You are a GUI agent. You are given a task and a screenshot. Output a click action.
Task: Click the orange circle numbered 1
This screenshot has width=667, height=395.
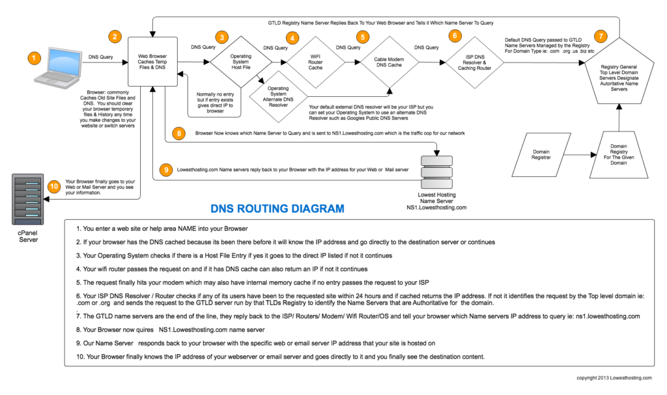pos(31,59)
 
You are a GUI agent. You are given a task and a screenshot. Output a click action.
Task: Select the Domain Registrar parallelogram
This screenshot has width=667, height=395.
pos(543,155)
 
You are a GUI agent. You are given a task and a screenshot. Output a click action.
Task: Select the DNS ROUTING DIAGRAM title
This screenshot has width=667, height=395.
pos(277,209)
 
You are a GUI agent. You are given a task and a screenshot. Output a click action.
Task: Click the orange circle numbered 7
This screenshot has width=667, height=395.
pos(601,36)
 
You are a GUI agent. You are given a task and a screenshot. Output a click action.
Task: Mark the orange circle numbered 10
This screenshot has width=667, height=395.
pos(55,184)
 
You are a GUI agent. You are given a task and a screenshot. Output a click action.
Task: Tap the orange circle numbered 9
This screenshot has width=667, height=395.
pos(167,169)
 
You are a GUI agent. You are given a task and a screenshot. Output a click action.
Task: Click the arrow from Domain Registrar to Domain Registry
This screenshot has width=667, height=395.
pos(580,156)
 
